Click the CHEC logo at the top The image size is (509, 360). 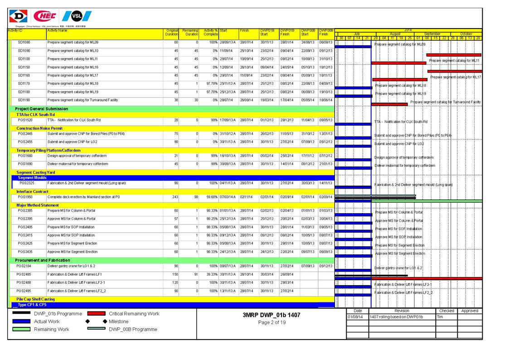[x=45, y=17]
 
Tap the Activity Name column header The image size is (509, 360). [x=57, y=31]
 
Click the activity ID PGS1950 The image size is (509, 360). [x=25, y=197]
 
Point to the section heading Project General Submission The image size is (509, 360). [x=41, y=109]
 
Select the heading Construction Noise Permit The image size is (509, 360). [x=39, y=128]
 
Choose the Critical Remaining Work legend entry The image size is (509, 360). [x=134, y=314]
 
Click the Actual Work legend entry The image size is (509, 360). [x=47, y=321]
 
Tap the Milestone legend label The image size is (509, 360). [x=118, y=321]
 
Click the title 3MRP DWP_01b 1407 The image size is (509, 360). [x=271, y=315]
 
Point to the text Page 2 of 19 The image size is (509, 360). [x=271, y=322]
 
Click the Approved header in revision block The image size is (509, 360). [x=470, y=311]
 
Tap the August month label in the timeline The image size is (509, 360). [x=395, y=34]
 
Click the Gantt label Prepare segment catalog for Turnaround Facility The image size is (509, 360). [x=446, y=102]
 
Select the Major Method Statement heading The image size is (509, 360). [x=38, y=205]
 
